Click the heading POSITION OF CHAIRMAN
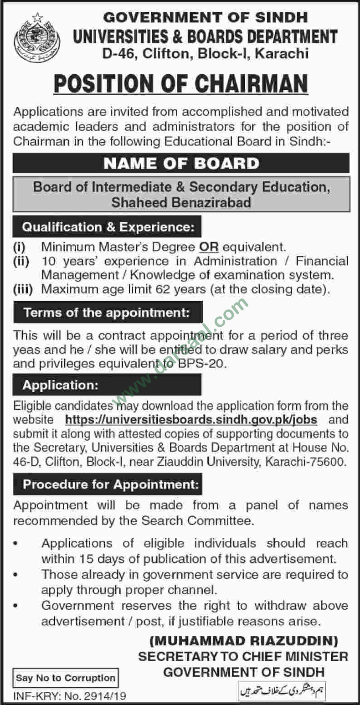[180, 84]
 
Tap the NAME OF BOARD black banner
[181, 163]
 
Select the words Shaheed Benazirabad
[181, 202]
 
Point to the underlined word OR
[209, 247]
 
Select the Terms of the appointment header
[107, 313]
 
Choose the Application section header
[61, 385]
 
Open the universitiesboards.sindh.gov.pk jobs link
[191, 419]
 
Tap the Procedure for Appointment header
[111, 484]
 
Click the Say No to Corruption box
[66, 678]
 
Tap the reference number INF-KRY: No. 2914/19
[70, 696]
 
